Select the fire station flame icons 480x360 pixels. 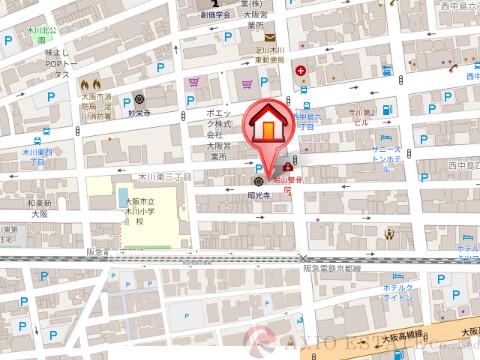(90, 84)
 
